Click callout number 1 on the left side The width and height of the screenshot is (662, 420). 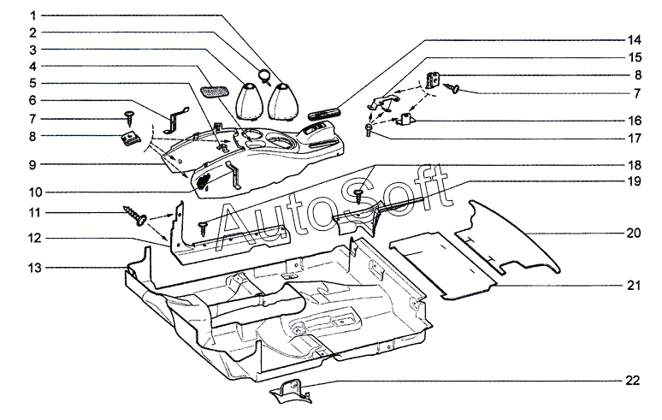[32, 15]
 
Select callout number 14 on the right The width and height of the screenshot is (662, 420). [634, 40]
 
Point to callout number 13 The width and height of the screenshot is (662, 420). [32, 268]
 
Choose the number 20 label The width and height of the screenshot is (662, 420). [634, 232]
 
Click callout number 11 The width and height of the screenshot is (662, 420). [32, 211]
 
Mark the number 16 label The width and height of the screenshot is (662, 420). [634, 121]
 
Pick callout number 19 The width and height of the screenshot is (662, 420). [634, 182]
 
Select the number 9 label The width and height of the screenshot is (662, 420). [32, 163]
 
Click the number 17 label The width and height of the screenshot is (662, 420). [634, 137]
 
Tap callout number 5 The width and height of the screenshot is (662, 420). [32, 83]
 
